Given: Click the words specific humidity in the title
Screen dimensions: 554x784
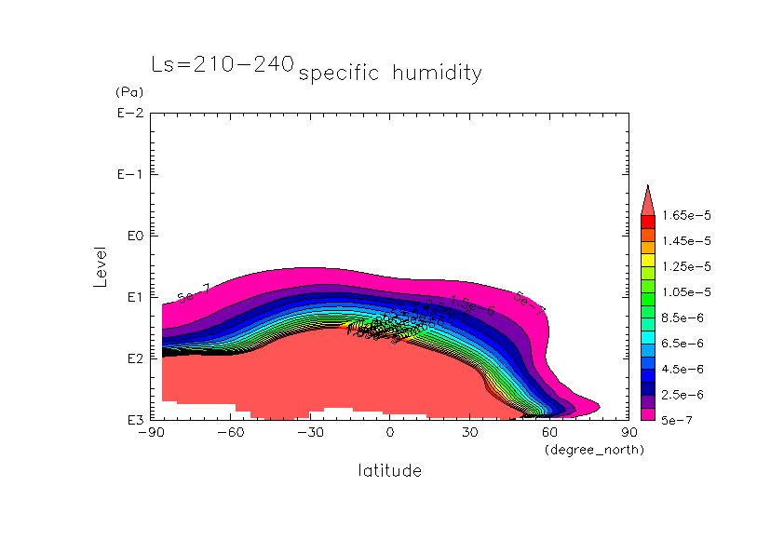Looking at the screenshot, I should (x=390, y=74).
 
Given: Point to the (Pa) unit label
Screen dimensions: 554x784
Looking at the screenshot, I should (x=128, y=92).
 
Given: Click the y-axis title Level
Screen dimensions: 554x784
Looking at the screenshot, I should (x=101, y=266).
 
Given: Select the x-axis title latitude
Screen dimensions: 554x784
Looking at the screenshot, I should (x=389, y=471).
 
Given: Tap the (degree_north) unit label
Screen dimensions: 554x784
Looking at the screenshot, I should (x=594, y=451).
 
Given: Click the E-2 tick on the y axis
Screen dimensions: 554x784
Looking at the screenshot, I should (x=130, y=114).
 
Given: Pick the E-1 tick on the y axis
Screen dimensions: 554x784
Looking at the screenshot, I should (x=130, y=175).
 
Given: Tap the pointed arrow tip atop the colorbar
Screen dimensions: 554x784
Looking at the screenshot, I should (x=648, y=189).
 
